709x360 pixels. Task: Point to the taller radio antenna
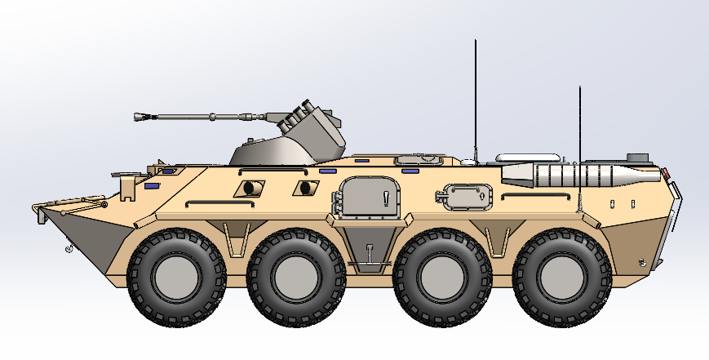coord(475,98)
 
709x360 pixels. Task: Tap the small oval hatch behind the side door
coord(467,197)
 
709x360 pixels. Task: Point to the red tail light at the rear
coord(667,173)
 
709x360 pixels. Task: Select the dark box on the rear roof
coord(636,156)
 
